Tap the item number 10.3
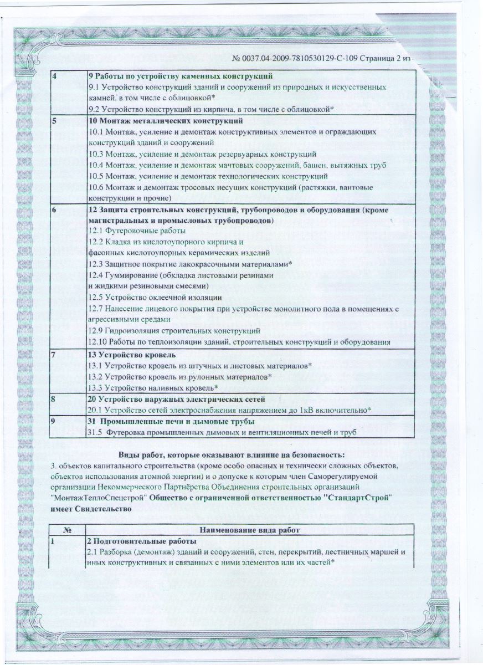click(97, 154)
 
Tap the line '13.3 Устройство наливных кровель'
click(153, 387)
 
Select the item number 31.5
click(97, 432)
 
